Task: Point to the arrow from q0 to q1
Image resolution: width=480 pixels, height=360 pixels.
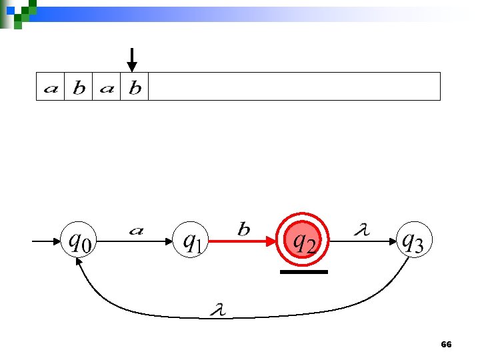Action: coord(136,241)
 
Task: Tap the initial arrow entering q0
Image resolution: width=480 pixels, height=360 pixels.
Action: coord(47,241)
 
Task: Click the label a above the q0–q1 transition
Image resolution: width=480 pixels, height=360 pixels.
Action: coord(136,231)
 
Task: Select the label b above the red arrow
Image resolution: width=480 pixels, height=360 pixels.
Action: coord(244,229)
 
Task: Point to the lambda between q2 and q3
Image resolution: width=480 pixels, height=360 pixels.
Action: coord(360,230)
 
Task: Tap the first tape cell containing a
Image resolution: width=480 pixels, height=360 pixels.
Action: coord(50,87)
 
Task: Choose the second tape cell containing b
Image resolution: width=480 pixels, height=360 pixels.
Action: coord(78,87)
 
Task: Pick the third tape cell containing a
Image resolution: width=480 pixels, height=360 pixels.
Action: coord(107,87)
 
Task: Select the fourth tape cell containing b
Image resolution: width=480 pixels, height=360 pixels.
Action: coord(135,87)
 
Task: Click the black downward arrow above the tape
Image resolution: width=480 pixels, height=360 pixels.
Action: coord(132,59)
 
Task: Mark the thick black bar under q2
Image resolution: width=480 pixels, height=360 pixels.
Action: coord(304,272)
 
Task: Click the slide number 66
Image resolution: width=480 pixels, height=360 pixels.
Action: coord(446,345)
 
